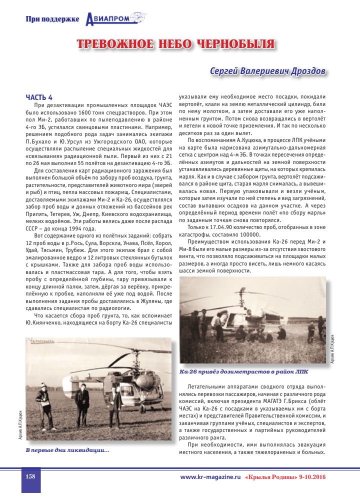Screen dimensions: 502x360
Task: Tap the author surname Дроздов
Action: (x=307, y=72)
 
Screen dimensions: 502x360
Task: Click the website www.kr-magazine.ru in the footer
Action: (x=210, y=477)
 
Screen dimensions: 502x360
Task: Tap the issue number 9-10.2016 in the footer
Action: (x=312, y=477)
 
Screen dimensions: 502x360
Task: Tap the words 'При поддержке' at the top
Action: (x=52, y=19)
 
